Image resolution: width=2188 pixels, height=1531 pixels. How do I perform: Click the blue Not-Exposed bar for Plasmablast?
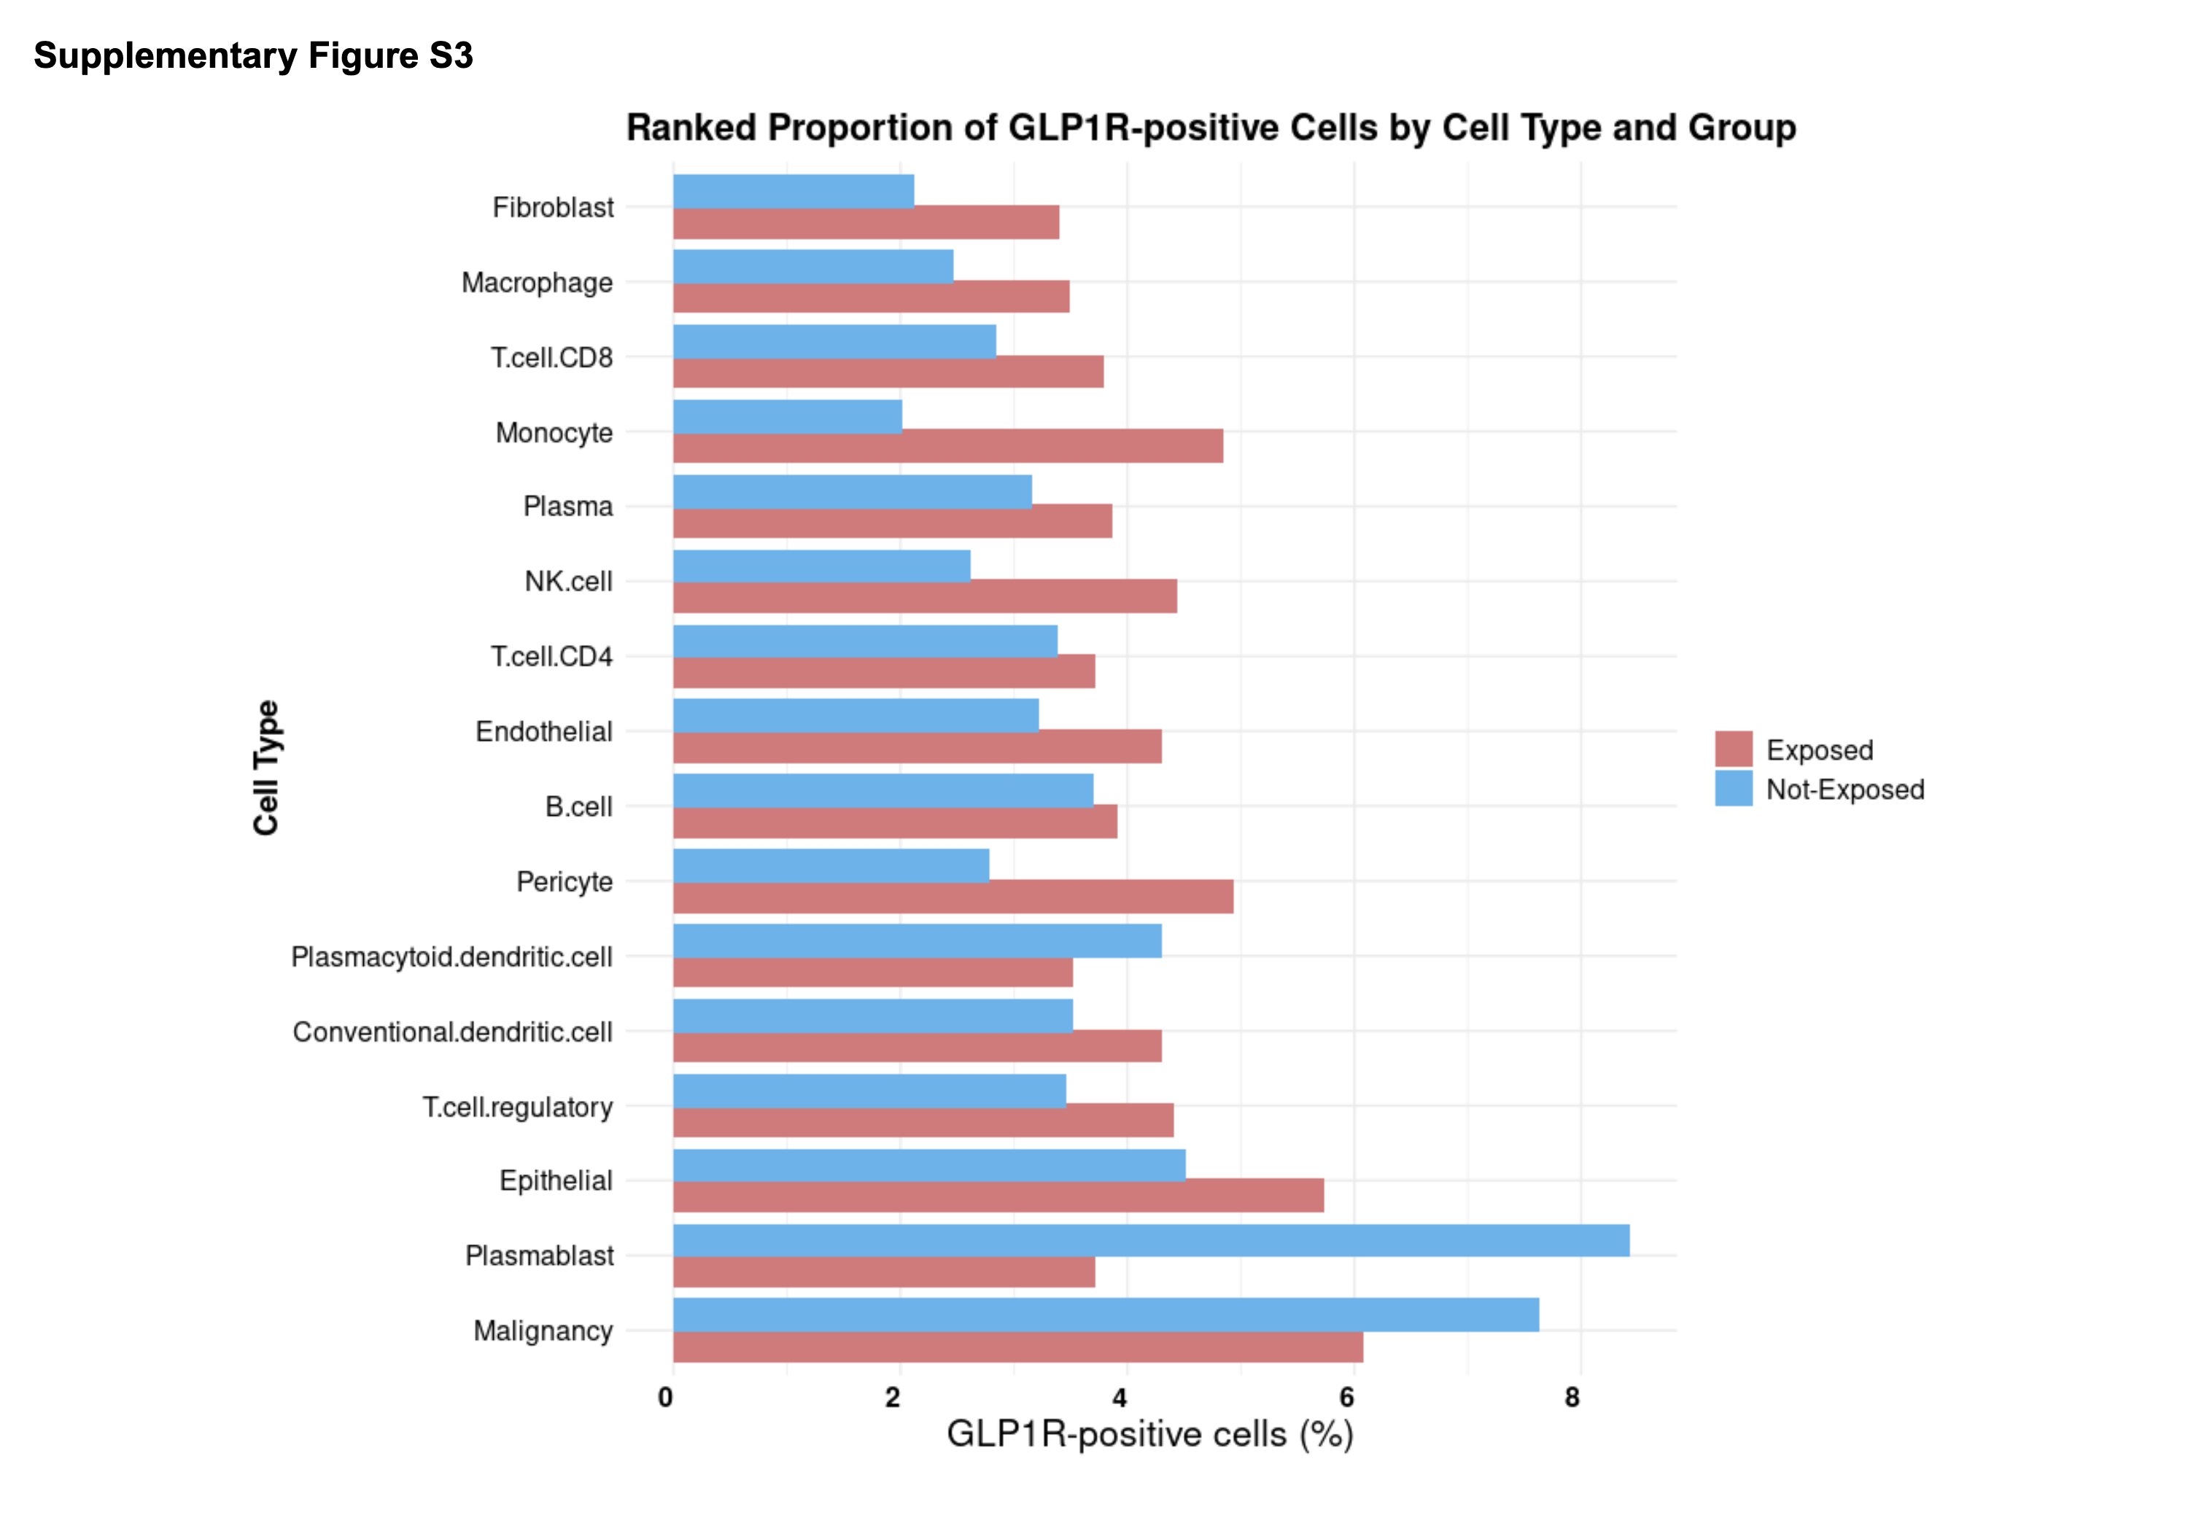point(1150,1239)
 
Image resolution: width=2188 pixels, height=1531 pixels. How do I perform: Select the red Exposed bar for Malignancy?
point(1017,1347)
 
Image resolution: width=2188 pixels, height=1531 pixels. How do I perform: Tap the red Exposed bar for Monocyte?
point(947,446)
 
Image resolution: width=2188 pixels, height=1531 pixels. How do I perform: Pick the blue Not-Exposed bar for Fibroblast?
point(793,190)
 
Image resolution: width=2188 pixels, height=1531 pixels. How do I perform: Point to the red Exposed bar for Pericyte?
point(953,897)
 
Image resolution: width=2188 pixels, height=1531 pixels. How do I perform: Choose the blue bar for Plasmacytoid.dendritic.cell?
point(917,940)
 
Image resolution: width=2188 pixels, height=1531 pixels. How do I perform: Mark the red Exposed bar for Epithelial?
point(998,1196)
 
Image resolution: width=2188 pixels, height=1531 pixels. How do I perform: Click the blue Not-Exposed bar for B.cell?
point(882,790)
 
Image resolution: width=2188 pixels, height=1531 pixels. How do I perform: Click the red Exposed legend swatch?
point(1732,749)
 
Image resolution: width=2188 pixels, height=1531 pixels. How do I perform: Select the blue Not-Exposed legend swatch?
point(1732,789)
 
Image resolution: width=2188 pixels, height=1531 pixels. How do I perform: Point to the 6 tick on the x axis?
point(1346,1398)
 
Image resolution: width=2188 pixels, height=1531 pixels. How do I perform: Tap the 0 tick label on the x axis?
point(665,1398)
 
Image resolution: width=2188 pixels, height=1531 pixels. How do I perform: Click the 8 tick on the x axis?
point(1572,1398)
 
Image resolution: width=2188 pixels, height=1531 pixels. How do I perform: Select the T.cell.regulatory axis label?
point(517,1107)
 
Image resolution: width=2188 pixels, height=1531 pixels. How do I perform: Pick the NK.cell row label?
point(568,581)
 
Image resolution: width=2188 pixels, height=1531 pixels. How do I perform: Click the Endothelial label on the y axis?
point(543,732)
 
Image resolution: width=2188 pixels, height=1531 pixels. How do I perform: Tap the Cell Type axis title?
point(266,767)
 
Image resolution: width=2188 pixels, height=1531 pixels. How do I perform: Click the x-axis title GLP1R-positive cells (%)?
point(1149,1434)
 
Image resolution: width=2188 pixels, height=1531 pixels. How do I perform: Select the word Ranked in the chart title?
point(691,128)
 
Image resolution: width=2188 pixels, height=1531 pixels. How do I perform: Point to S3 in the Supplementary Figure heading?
point(451,56)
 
